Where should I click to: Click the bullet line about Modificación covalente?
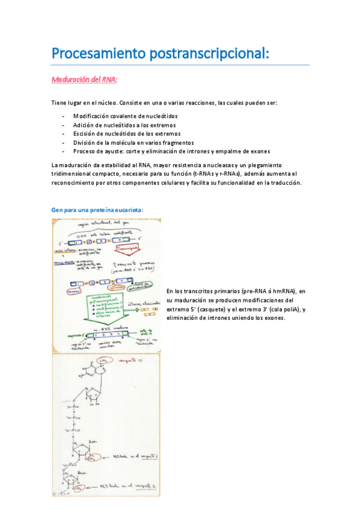click(x=125, y=115)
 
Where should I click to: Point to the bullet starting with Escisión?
click(x=126, y=134)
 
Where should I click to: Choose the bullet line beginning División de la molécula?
click(x=133, y=143)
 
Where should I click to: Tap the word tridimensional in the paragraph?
click(x=75, y=174)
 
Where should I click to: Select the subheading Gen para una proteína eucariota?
click(x=97, y=210)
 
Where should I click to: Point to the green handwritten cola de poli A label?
click(x=145, y=332)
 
